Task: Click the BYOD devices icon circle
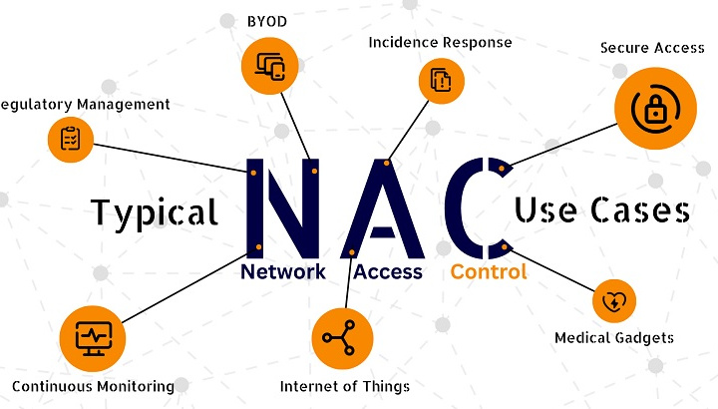click(x=270, y=65)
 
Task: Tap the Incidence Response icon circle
click(x=440, y=81)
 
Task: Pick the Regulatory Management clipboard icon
click(x=70, y=139)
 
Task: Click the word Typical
click(x=155, y=212)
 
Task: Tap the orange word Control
click(x=489, y=271)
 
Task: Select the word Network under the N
click(x=282, y=271)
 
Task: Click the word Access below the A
click(x=388, y=271)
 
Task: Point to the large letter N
click(x=283, y=207)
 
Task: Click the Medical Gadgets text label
click(x=613, y=337)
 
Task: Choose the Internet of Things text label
click(x=344, y=386)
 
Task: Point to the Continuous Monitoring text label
click(x=93, y=386)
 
